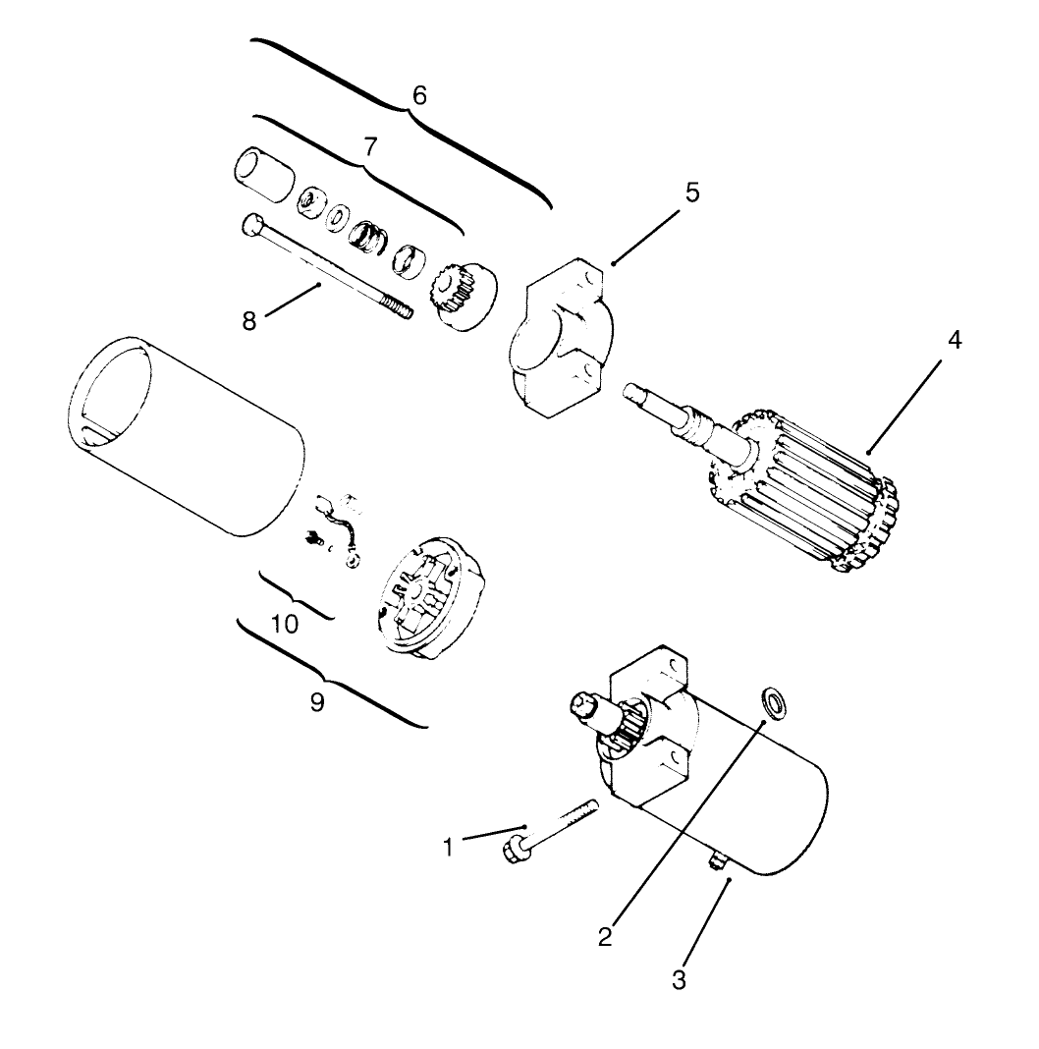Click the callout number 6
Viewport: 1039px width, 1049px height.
(419, 96)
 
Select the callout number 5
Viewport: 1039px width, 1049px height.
(692, 193)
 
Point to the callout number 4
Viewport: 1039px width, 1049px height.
(954, 341)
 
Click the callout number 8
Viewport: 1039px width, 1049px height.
(250, 321)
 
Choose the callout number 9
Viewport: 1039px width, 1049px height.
(317, 704)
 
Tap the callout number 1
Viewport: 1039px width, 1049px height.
(449, 847)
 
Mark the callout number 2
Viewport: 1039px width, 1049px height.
(605, 936)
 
